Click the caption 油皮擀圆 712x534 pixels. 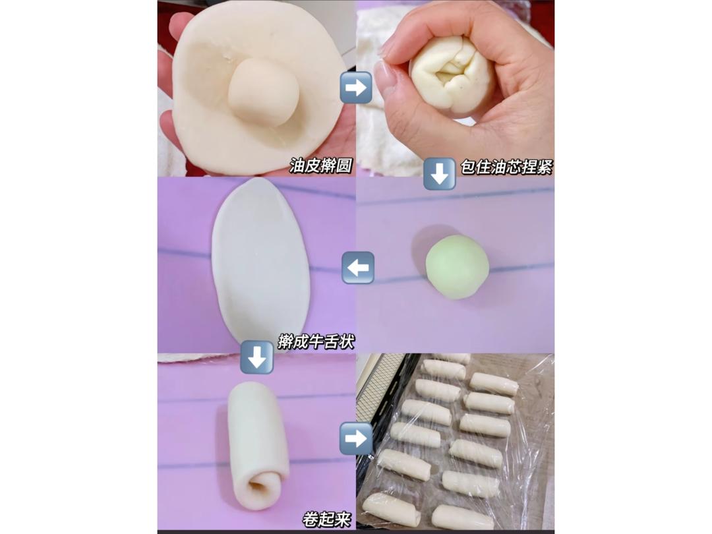coord(321,166)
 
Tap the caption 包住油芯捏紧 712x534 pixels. coord(507,167)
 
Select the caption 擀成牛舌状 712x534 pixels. coord(316,341)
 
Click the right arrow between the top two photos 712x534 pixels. coord(356,87)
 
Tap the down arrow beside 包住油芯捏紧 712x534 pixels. coord(439,173)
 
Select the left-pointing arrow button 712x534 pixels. coord(358,268)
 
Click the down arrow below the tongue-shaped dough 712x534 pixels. coord(256,357)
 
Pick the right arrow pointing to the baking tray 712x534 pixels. coord(355,438)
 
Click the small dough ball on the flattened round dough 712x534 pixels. coord(263,93)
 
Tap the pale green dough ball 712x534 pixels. coord(457,267)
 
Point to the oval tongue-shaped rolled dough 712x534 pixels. coord(260,262)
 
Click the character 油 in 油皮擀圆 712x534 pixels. coord(297,166)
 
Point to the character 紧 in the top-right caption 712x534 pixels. coord(545,167)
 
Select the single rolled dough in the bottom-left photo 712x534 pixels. coord(258,445)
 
